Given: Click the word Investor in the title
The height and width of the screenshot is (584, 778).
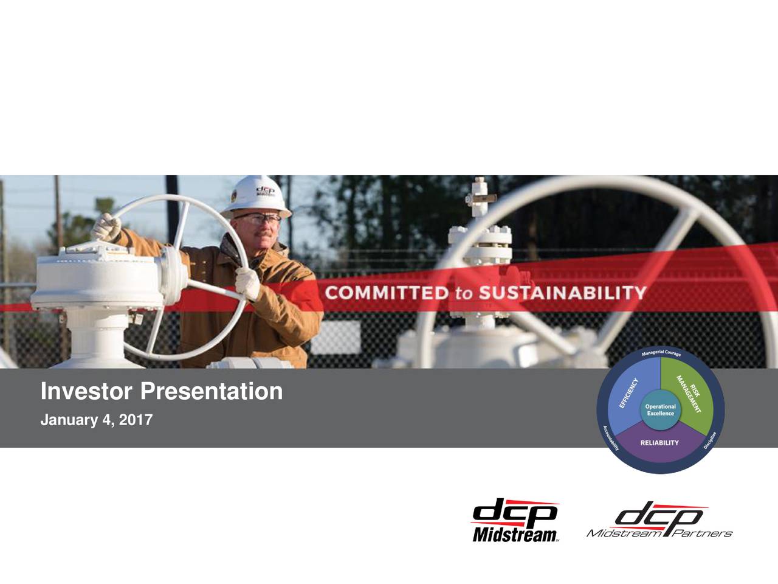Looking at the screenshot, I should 86,392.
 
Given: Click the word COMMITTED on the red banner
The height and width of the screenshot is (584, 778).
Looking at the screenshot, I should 386,293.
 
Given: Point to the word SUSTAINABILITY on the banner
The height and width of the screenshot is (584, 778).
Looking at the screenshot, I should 562,293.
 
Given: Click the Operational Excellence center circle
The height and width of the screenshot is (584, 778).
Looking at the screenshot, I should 660,410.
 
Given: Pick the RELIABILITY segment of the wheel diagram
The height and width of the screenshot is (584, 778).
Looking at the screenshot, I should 659,443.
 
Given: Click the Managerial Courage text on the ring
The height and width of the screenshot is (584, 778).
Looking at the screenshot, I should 661,355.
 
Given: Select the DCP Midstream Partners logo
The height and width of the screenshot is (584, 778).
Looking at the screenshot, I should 659,522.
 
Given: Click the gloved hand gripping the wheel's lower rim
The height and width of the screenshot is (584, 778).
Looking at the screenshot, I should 248,283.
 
